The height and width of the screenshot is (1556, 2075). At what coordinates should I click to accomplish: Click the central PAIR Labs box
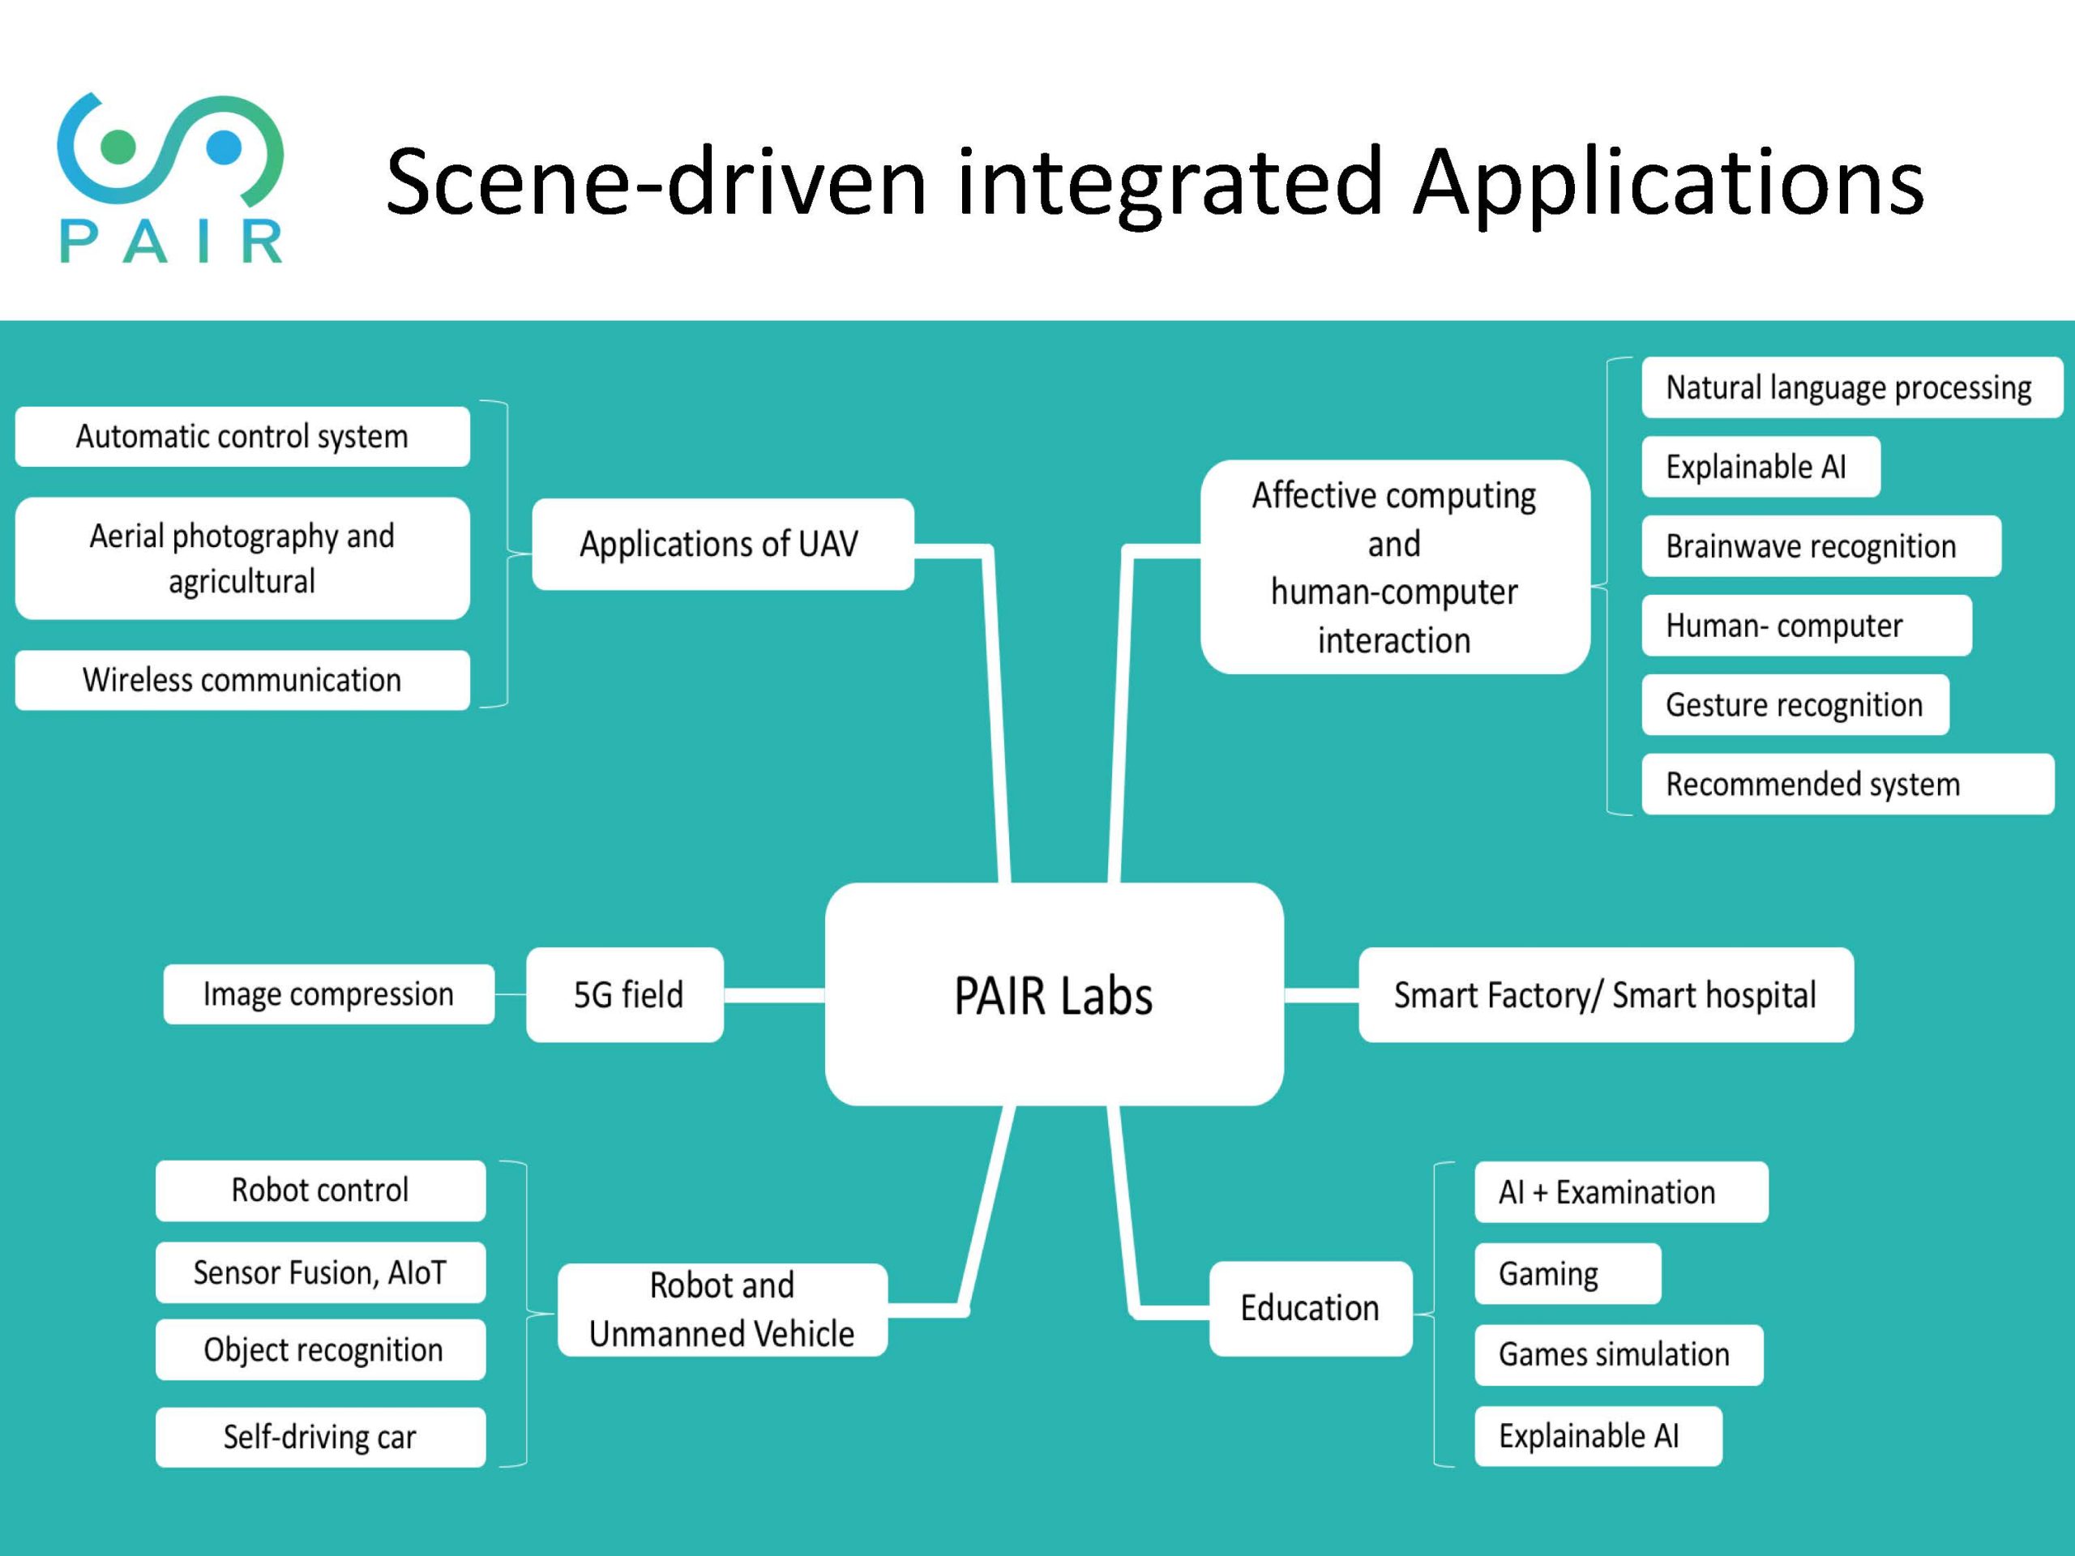tap(1054, 994)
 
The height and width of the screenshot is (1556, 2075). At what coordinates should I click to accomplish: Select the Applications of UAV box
tap(722, 544)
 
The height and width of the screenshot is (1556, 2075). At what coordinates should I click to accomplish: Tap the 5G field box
tap(625, 994)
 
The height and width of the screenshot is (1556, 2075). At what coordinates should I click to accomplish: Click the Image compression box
tap(328, 994)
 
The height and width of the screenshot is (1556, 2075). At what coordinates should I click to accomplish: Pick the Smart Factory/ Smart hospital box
tap(1605, 994)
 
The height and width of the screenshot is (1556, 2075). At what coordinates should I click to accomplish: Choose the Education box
tap(1311, 1308)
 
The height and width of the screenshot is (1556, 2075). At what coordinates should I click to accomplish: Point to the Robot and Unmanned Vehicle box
tap(722, 1310)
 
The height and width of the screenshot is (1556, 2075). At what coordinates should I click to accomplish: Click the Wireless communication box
tap(242, 680)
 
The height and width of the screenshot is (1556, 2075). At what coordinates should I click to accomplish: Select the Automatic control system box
tap(242, 436)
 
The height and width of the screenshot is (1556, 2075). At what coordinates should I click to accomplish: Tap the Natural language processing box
tap(1850, 387)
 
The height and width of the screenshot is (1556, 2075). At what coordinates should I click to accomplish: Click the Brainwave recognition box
tap(1820, 546)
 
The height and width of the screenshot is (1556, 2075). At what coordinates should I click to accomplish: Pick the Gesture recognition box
tap(1795, 704)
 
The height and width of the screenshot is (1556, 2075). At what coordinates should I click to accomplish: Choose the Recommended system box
tap(1846, 784)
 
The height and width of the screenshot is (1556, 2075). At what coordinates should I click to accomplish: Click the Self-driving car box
tap(320, 1437)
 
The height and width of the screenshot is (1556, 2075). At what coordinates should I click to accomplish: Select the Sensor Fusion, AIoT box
tap(320, 1272)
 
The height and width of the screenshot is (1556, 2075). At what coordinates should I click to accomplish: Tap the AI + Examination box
tap(1620, 1192)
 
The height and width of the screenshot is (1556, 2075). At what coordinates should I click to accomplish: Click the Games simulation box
tap(1618, 1354)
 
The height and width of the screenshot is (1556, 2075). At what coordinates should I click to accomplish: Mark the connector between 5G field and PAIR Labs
tap(774, 994)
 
